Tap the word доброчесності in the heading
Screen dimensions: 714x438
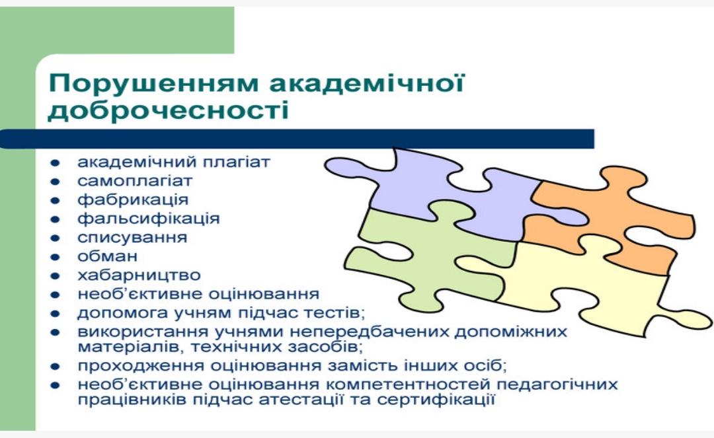click(x=169, y=110)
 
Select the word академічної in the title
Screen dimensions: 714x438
click(x=366, y=83)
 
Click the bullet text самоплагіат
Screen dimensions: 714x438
click(x=135, y=181)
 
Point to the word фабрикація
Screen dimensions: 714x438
click(x=132, y=200)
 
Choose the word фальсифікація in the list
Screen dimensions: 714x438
click(x=149, y=218)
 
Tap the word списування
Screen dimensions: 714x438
click(x=132, y=237)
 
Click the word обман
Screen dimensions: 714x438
click(x=107, y=256)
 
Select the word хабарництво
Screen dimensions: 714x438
click(x=139, y=275)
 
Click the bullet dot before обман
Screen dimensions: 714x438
click(x=55, y=257)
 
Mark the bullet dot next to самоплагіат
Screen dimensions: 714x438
click(x=55, y=182)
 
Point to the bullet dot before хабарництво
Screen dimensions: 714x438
click(x=55, y=276)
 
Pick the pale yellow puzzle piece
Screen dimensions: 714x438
click(x=588, y=287)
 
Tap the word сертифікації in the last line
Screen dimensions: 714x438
click(x=436, y=400)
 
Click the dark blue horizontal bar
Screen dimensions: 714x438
click(x=297, y=139)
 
